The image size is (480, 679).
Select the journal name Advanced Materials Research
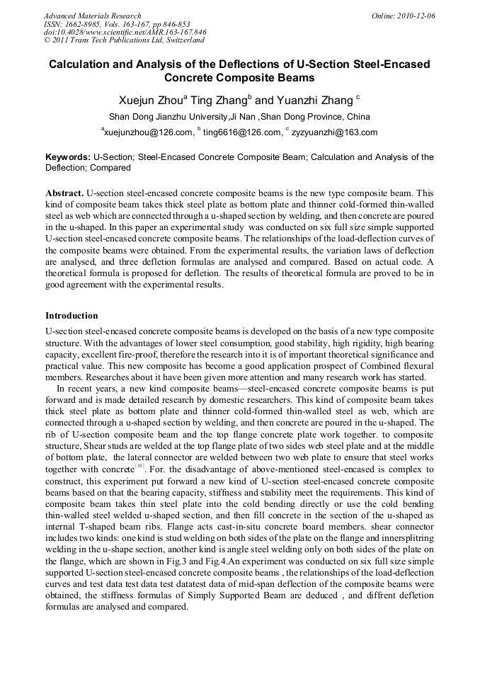92,16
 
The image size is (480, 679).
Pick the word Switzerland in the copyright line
181,40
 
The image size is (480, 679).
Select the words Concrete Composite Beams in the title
239,78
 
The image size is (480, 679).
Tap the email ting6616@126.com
241,132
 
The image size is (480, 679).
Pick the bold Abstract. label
64,193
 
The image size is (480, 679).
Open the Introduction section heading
72,315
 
